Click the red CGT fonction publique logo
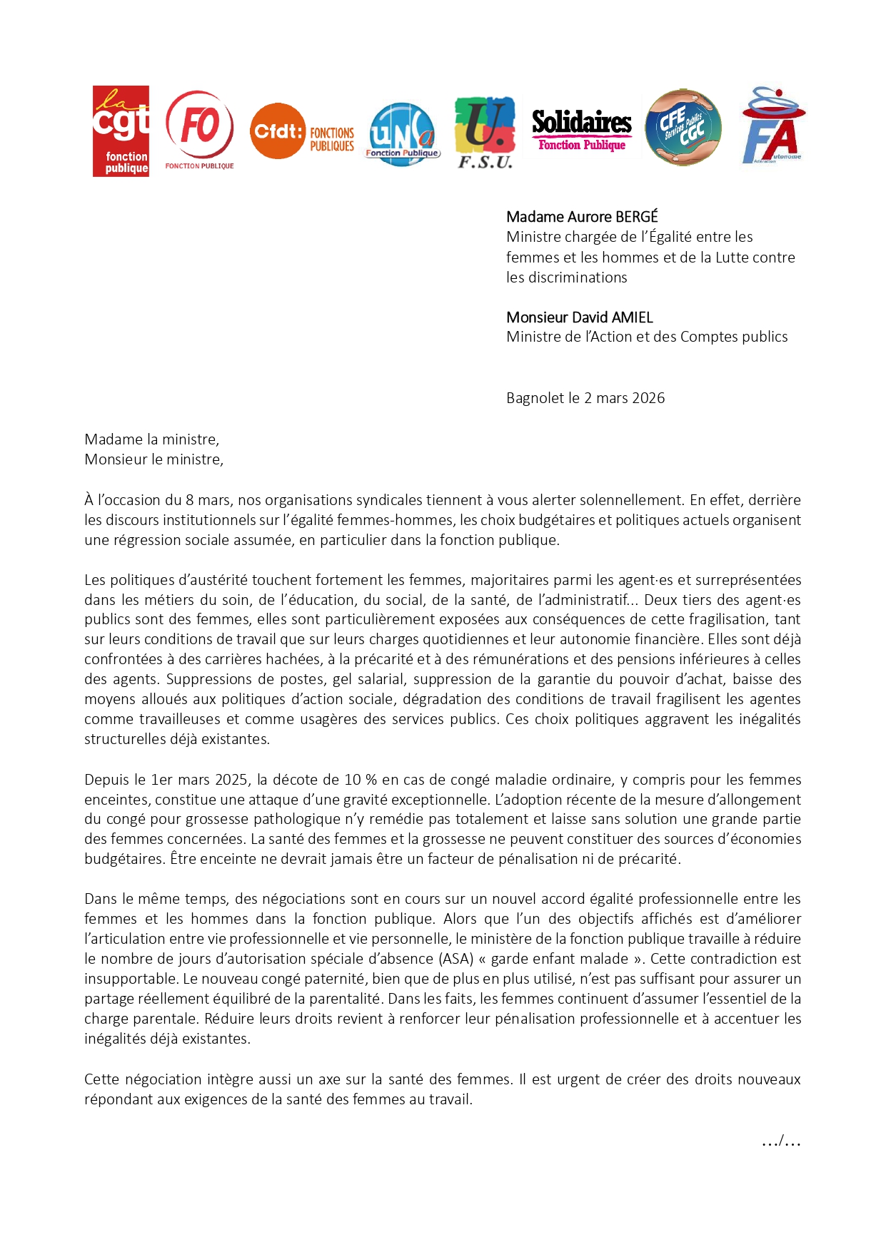click(x=121, y=131)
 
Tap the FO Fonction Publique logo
click(x=199, y=128)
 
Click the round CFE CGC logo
click(x=683, y=128)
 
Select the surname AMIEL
click(x=631, y=317)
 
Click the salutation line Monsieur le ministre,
click(x=153, y=459)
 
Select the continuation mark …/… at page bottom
click(x=781, y=1142)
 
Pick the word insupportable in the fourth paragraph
click(x=130, y=979)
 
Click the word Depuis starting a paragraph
click(x=106, y=780)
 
